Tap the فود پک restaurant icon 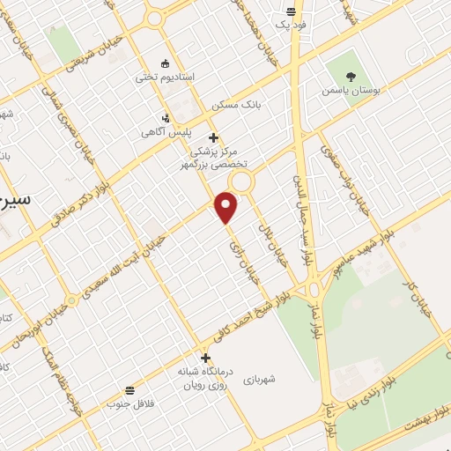pyautogui.click(x=292, y=13)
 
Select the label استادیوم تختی pyautogui.click(x=159, y=77)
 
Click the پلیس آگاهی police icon pyautogui.click(x=166, y=118)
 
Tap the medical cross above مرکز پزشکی pyautogui.click(x=214, y=137)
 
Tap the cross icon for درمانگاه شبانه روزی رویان pyautogui.click(x=205, y=359)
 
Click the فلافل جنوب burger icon pyautogui.click(x=130, y=389)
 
